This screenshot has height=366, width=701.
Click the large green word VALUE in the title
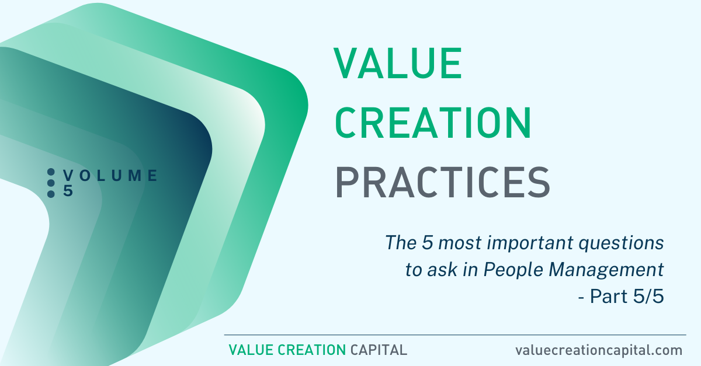(397, 63)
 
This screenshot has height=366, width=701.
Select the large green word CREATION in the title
(433, 123)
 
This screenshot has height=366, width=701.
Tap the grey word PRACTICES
(443, 182)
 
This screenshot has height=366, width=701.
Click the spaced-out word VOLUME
(110, 176)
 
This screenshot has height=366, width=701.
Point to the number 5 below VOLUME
(68, 190)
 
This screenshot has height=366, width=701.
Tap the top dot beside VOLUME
(51, 172)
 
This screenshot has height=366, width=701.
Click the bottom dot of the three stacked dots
(51, 194)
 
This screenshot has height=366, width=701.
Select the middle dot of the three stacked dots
(51, 183)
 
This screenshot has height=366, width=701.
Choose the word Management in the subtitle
(606, 270)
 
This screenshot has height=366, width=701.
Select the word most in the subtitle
(459, 243)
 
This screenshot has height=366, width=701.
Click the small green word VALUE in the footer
(251, 350)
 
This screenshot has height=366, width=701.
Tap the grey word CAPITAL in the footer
(379, 350)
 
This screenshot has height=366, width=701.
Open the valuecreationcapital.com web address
(599, 350)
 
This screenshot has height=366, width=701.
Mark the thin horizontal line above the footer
(455, 334)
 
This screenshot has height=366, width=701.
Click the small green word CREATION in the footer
(312, 350)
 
